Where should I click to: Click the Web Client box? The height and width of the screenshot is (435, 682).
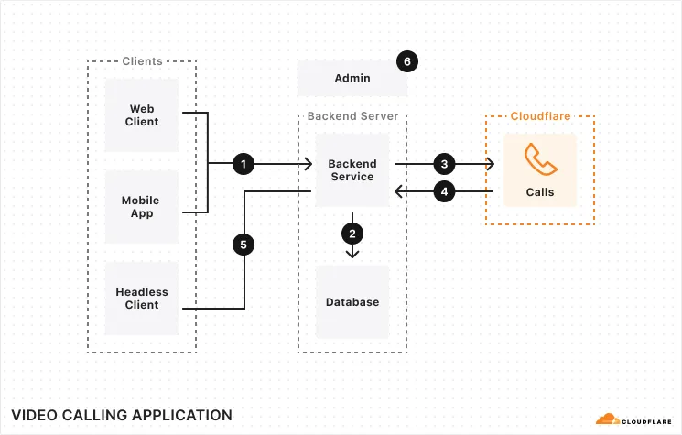coord(142,115)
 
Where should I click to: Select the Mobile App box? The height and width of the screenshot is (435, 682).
coord(142,206)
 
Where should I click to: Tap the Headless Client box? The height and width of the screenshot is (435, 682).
coord(142,298)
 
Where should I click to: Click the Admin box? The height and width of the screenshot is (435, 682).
coord(352,78)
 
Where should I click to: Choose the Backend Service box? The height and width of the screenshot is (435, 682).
coord(352,170)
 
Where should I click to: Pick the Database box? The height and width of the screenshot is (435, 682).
coord(352,302)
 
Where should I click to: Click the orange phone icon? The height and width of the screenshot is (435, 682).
coord(540,159)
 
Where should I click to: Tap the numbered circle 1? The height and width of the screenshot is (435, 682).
coord(243,164)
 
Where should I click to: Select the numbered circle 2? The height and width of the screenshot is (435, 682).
coord(352,233)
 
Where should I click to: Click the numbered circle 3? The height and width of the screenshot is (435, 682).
coord(444,164)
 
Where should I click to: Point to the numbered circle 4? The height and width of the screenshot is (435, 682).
coord(444,192)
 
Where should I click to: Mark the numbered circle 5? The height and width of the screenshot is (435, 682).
coord(243,245)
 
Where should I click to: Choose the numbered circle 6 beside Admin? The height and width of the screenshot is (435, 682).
coord(407,61)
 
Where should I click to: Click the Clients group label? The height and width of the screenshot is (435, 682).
coord(142,61)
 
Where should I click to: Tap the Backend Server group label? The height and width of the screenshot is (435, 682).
coord(352,116)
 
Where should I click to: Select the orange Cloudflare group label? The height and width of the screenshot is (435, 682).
coord(540,116)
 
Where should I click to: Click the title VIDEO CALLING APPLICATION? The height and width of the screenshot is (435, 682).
coord(122,415)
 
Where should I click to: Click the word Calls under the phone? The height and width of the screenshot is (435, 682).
coord(540,192)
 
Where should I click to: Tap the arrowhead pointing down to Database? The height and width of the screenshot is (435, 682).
coord(352,253)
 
